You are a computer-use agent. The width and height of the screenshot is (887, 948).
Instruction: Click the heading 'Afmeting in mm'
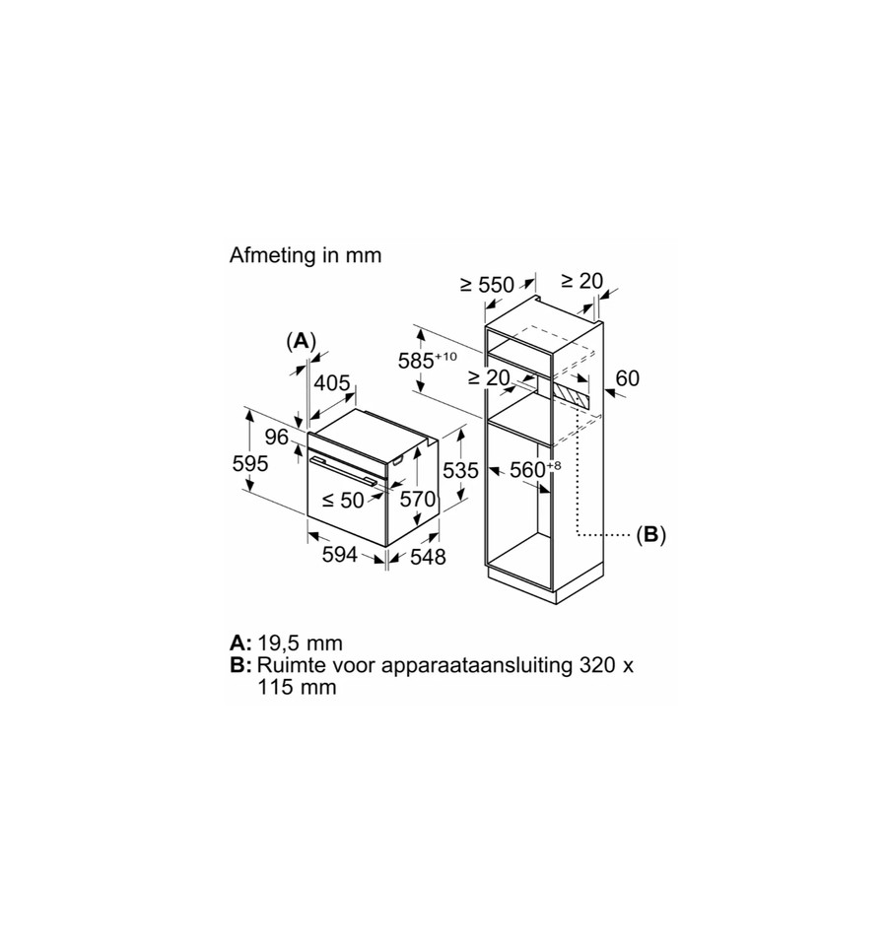click(x=306, y=255)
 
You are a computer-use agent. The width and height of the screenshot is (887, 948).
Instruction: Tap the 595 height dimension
click(x=250, y=464)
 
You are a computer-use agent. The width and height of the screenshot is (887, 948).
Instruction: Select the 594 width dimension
click(x=340, y=555)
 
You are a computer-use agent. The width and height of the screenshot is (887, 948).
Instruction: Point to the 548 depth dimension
click(x=428, y=557)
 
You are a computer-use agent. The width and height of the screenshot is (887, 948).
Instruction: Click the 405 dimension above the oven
click(x=332, y=382)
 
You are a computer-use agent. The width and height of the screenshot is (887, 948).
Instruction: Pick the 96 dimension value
click(x=276, y=437)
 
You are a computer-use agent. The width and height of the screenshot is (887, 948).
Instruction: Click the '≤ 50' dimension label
click(x=343, y=500)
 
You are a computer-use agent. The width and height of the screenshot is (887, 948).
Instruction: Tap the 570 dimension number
click(x=418, y=499)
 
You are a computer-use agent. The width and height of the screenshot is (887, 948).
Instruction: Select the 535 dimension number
click(x=460, y=470)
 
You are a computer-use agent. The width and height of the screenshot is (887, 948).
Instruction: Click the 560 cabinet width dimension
click(x=535, y=469)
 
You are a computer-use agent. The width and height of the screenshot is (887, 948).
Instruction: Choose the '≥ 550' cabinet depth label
click(x=487, y=284)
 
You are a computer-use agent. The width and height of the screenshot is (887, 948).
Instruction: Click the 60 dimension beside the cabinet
click(x=627, y=377)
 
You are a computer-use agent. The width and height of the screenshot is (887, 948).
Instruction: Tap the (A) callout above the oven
click(x=302, y=342)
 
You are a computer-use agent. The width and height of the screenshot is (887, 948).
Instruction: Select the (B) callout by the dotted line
click(x=650, y=534)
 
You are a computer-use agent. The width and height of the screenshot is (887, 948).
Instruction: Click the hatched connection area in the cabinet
click(x=571, y=396)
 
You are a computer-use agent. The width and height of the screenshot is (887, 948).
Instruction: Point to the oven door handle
click(x=343, y=470)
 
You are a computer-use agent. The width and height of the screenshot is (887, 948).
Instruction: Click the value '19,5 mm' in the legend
click(x=300, y=643)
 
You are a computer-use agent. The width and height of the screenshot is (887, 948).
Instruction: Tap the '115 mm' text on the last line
click(x=297, y=688)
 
